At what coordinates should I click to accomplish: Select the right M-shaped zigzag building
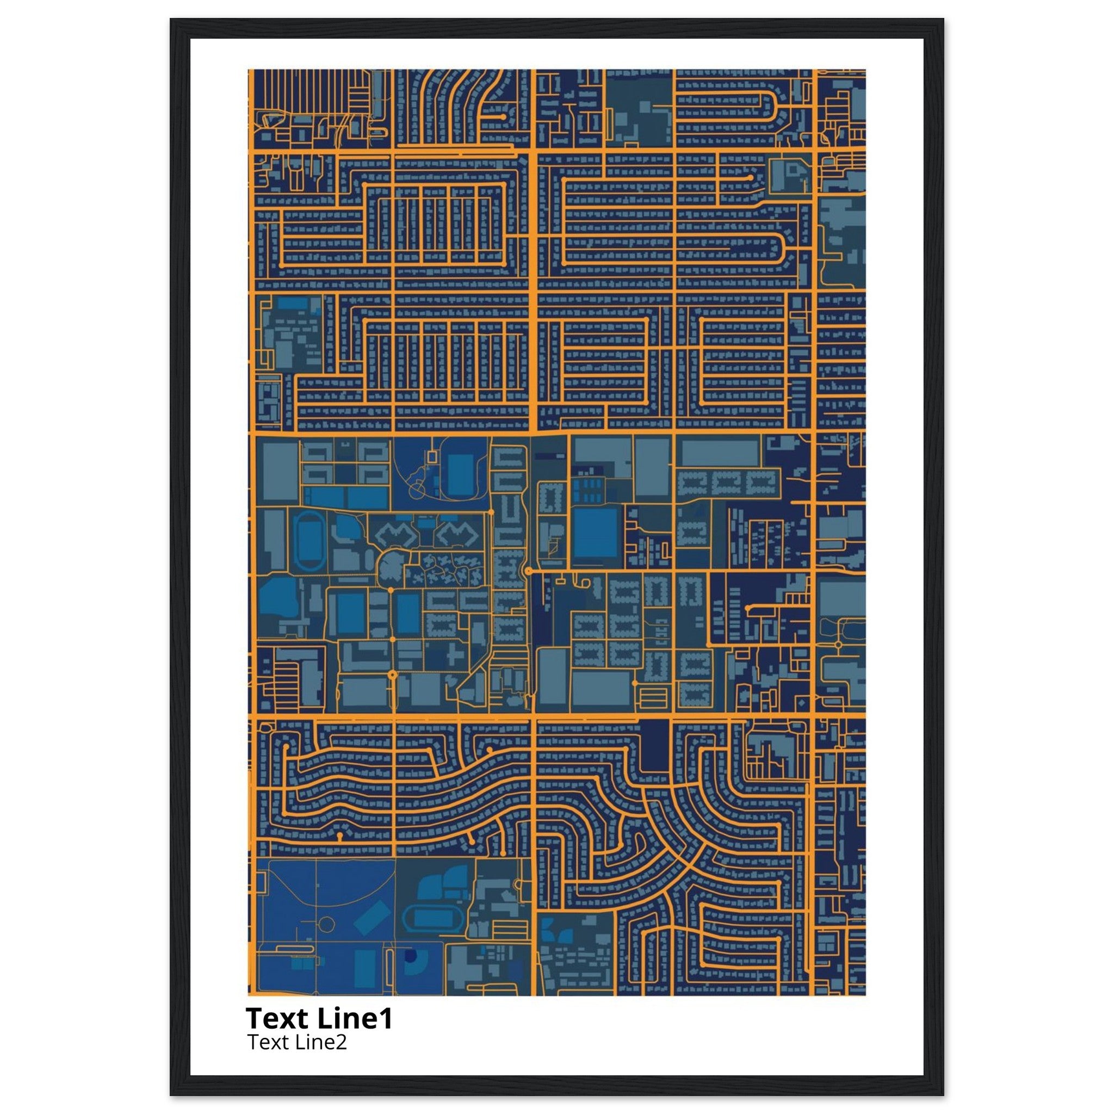click(x=457, y=535)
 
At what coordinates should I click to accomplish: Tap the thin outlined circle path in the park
click(x=326, y=924)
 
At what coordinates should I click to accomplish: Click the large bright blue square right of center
click(x=596, y=534)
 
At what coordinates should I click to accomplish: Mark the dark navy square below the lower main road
click(x=654, y=746)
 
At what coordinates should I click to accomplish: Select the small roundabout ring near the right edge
click(x=838, y=643)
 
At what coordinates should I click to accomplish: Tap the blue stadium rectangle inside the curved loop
click(x=460, y=474)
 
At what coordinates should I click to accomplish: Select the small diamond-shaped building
click(x=800, y=703)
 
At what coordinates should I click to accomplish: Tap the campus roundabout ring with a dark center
click(x=393, y=674)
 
